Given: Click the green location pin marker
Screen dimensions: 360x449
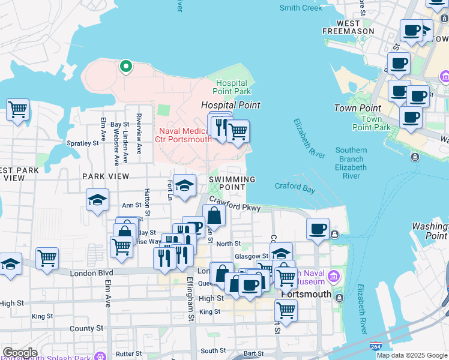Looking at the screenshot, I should pos(126,65).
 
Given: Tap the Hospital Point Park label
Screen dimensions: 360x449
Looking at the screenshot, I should pos(234,87).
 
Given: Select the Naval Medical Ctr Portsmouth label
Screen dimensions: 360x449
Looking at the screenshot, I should pos(184,135).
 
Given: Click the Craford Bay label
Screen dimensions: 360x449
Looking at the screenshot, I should pos(295,187).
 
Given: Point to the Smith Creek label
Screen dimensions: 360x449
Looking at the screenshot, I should pos(301,8).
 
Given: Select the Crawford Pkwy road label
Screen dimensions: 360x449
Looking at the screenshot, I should pos(235,206).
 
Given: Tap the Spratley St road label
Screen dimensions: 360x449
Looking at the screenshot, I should pos(82,143).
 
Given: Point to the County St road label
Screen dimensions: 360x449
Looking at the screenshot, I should pos(86,329).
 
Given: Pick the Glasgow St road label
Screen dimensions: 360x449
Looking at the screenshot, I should pos(250,256).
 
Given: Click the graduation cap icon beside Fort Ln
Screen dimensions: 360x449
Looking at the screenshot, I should pos(185,185).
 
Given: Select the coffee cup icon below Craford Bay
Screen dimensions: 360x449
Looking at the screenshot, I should pos(318,229).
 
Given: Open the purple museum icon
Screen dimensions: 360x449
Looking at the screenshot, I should pos(333,277).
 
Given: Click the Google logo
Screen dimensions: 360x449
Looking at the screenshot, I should pos(20,353).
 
